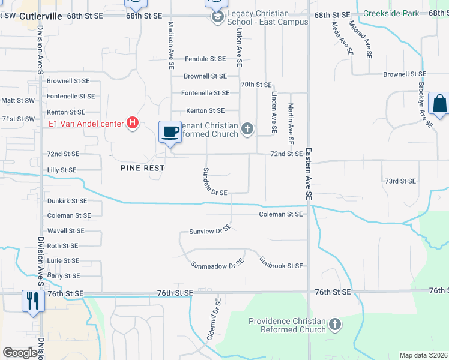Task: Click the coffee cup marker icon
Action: coord(170,131)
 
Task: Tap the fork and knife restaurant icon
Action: coord(32,300)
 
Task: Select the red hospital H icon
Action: coord(133,124)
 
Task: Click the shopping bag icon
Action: coord(439,103)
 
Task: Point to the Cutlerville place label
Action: coord(41,17)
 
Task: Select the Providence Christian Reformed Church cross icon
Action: coord(335,325)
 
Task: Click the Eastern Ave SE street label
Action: coord(309,174)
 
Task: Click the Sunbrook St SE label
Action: coord(281,263)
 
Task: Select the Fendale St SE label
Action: coord(205,59)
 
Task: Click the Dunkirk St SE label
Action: coord(67,201)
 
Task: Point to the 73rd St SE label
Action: coord(400,181)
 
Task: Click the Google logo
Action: coord(20,353)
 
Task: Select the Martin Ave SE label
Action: coord(291,123)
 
